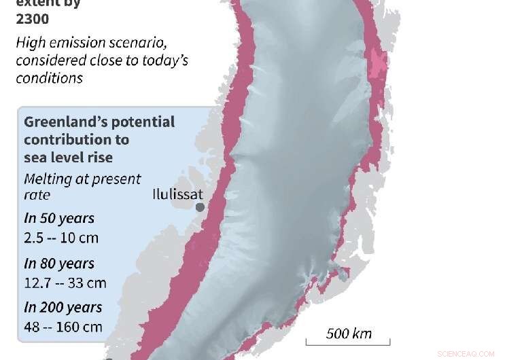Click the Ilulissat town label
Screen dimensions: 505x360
177,193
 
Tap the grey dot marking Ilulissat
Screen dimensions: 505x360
200,207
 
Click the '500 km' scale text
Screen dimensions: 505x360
349,333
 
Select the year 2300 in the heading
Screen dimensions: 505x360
33,19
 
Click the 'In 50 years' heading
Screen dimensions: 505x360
59,219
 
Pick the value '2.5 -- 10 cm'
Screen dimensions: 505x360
61,238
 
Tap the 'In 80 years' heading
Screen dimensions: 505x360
59,264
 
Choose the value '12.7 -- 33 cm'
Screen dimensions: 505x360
65,283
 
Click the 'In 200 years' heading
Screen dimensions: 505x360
63,307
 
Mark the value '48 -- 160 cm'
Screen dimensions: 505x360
63,327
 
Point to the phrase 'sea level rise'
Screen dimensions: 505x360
68,158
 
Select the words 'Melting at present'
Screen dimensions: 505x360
82,179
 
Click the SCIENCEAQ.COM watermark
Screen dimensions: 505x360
466,354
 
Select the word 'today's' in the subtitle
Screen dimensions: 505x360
160,60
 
